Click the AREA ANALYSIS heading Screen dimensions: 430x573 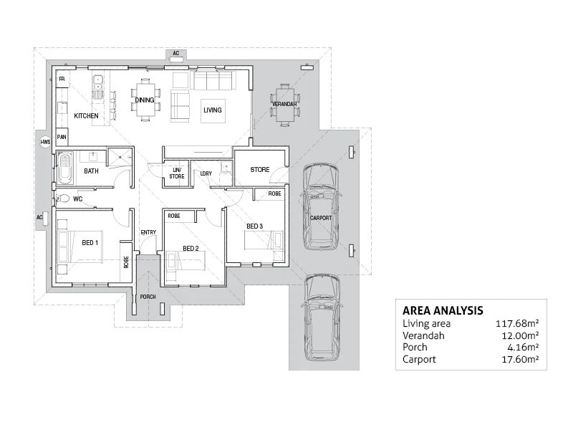click(x=442, y=311)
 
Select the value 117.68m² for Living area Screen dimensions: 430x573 click(x=517, y=324)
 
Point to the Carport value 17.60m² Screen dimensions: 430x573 click(x=519, y=359)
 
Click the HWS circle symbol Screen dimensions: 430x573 click(x=44, y=142)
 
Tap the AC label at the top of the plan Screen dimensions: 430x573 click(x=175, y=53)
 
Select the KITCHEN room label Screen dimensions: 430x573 click(x=86, y=115)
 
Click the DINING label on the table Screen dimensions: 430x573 click(x=144, y=100)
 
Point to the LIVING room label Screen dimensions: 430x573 click(x=213, y=110)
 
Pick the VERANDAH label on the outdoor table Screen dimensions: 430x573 click(x=284, y=105)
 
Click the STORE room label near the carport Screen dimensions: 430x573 click(x=259, y=170)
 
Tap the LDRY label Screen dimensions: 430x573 click(x=206, y=173)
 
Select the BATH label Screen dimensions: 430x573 click(x=91, y=171)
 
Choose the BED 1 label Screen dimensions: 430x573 click(x=90, y=242)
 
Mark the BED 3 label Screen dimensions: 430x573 click(x=254, y=226)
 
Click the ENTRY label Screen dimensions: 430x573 click(x=148, y=231)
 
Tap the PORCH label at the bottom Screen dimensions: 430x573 click(x=148, y=297)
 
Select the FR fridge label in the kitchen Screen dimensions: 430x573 click(x=62, y=79)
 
